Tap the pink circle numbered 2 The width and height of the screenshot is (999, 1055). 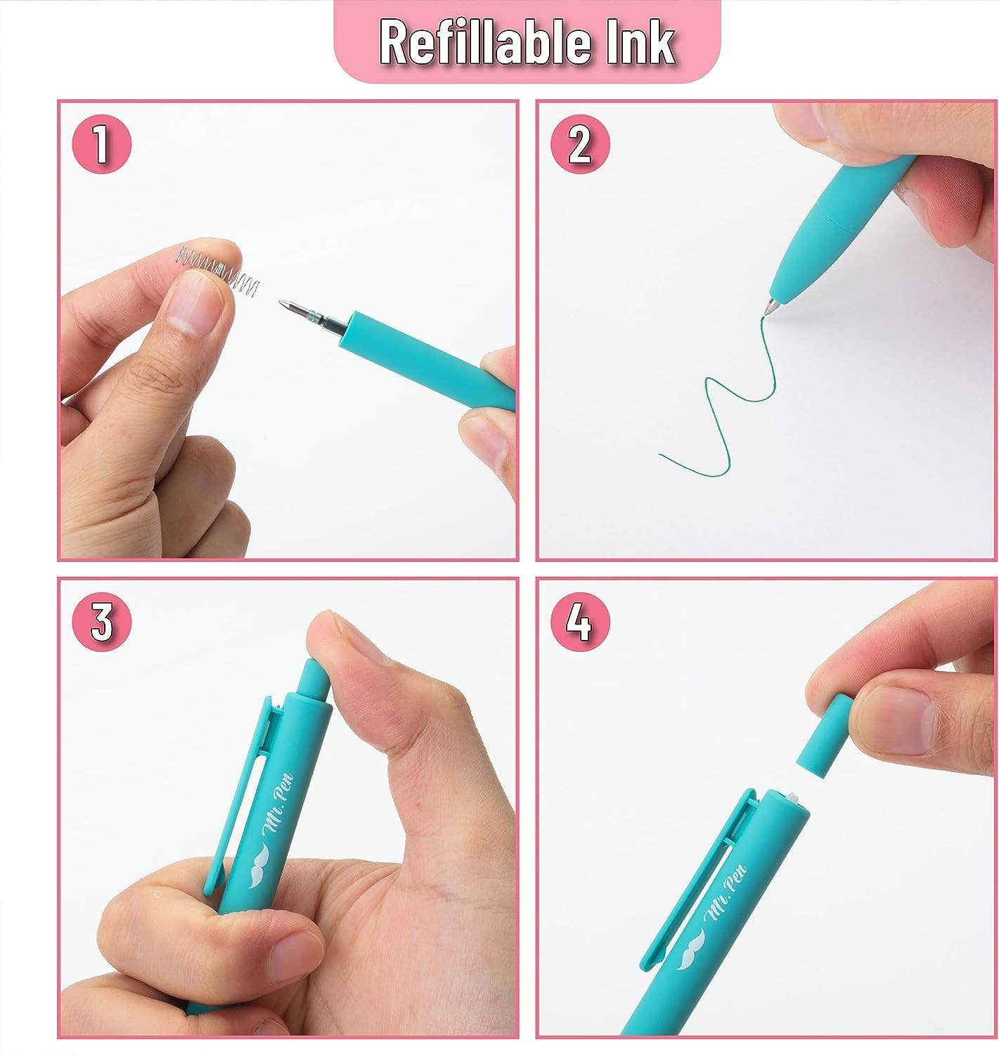click(x=580, y=146)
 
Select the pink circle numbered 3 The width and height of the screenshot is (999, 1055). click(x=101, y=622)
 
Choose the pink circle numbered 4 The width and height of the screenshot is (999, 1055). click(x=580, y=622)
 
